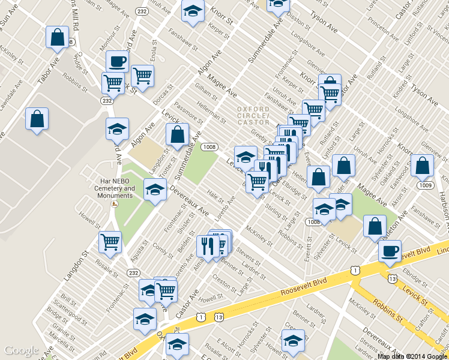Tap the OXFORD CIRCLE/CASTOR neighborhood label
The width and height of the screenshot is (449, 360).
(253, 116)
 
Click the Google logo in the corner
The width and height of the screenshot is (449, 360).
(22, 350)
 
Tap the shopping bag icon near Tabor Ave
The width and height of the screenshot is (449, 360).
(57, 37)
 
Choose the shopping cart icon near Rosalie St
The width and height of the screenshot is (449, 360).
(110, 242)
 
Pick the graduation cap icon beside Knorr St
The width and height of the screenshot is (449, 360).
(192, 11)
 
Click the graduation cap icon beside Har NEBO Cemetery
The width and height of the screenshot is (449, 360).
(155, 189)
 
